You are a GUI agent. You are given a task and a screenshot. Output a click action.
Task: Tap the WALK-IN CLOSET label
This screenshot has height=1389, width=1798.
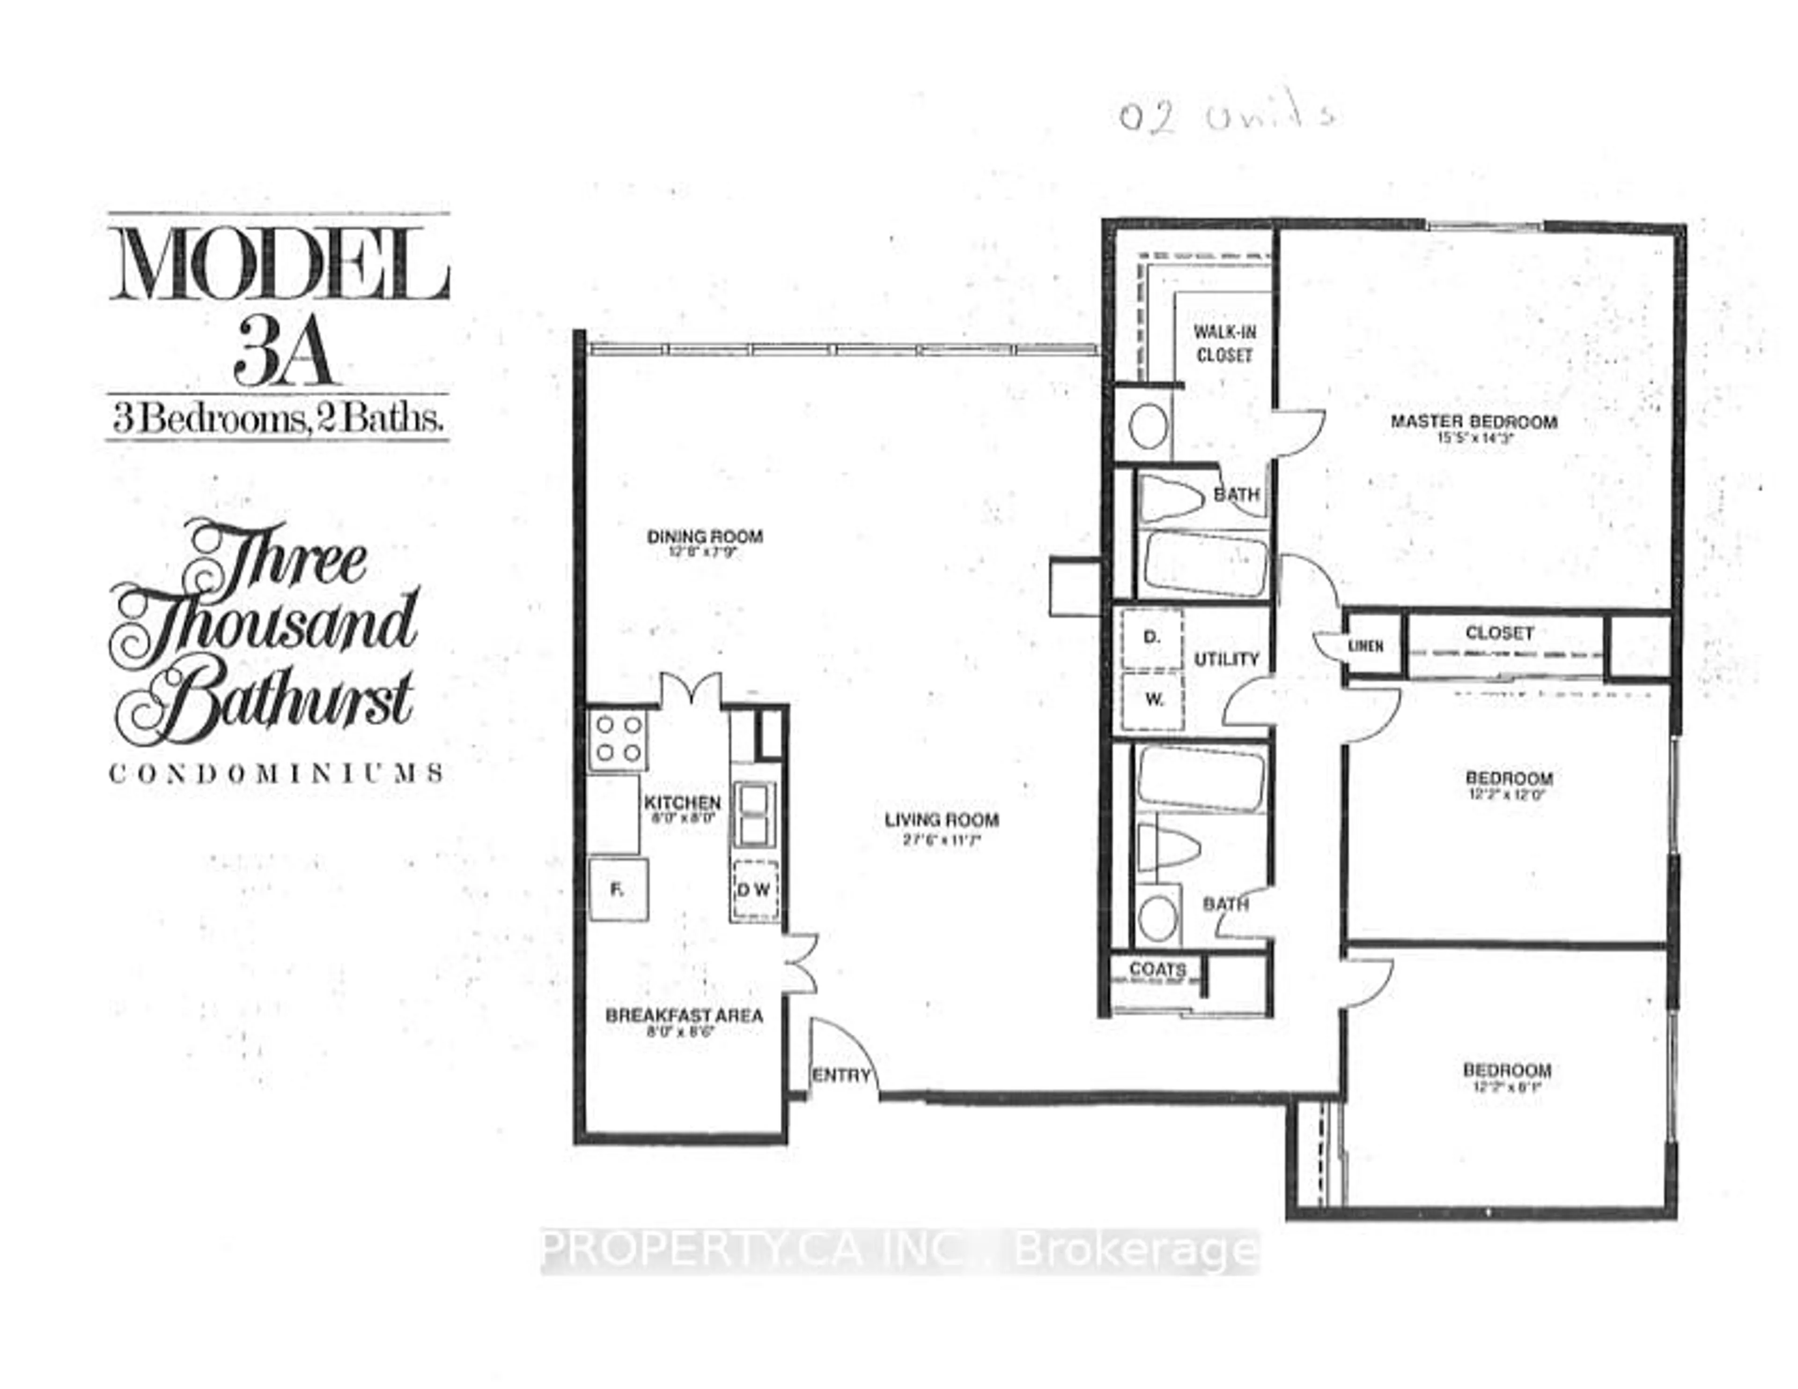click(1224, 344)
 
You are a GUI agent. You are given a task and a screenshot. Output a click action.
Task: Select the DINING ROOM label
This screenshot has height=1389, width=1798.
click(705, 537)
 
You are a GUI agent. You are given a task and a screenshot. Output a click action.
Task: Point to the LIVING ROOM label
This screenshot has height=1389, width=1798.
click(942, 820)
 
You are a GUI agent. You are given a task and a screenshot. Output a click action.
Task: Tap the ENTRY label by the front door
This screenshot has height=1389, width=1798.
click(840, 1075)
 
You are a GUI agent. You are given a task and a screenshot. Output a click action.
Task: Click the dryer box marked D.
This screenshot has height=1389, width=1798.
click(1152, 637)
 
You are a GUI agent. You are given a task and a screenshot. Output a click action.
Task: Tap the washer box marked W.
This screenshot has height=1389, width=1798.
click(1153, 700)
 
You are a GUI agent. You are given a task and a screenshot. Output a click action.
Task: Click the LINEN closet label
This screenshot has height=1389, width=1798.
click(1365, 647)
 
